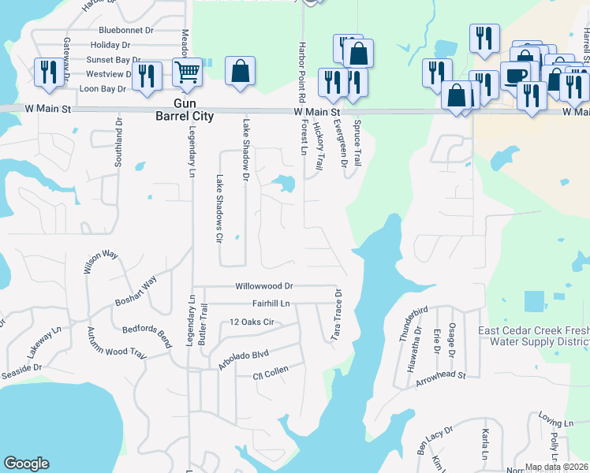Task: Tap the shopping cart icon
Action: (x=188, y=72)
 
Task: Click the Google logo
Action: (x=26, y=464)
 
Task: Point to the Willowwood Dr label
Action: (x=263, y=286)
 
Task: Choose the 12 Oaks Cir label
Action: (x=252, y=322)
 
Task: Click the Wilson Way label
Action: (x=100, y=260)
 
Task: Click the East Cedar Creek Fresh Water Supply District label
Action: (x=534, y=337)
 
